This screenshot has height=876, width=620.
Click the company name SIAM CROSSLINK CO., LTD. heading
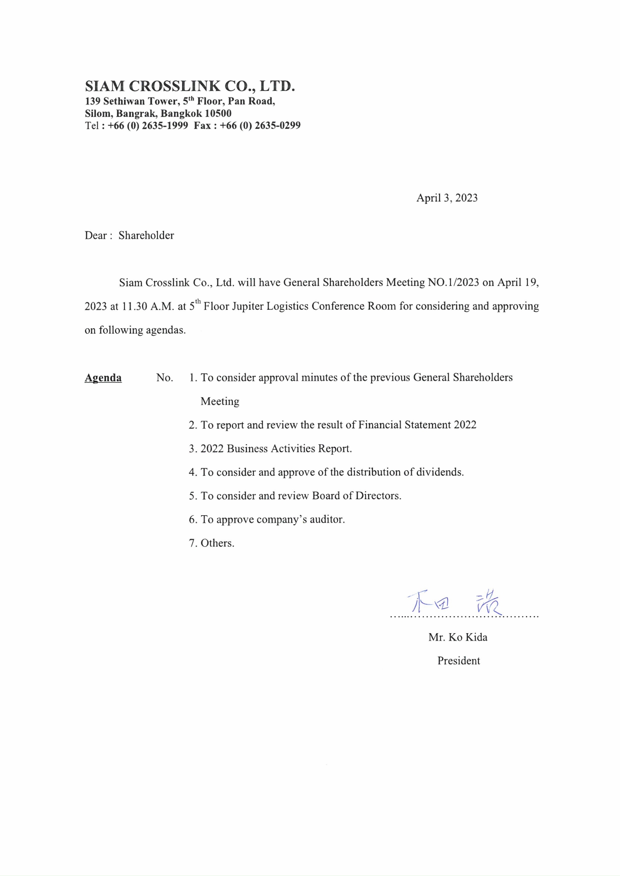(x=189, y=86)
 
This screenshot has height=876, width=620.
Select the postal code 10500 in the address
(x=218, y=113)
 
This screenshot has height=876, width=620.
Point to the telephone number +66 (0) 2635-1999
(x=148, y=125)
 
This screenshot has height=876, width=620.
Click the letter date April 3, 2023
(x=447, y=198)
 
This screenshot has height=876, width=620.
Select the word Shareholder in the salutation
(x=146, y=235)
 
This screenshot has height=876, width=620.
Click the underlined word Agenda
(x=103, y=378)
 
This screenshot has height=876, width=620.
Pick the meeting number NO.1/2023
(x=453, y=282)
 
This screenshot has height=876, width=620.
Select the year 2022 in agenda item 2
(x=465, y=425)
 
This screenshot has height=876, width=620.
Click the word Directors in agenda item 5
(x=378, y=496)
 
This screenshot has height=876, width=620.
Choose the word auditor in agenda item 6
(x=327, y=520)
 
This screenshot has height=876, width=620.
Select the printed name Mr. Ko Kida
(x=457, y=637)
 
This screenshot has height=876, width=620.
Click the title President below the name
(x=458, y=661)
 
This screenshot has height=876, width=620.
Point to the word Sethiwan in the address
(x=124, y=101)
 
